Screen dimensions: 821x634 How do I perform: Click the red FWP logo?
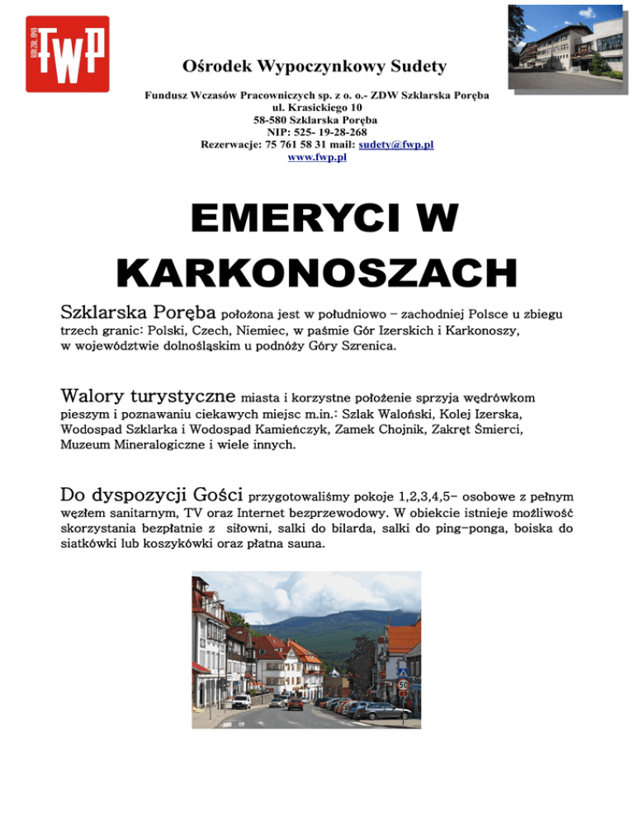(68, 54)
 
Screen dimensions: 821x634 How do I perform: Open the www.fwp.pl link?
(317, 157)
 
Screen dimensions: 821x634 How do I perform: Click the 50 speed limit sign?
(403, 686)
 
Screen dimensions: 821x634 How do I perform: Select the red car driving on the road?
(296, 704)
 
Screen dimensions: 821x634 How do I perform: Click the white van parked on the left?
(241, 701)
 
